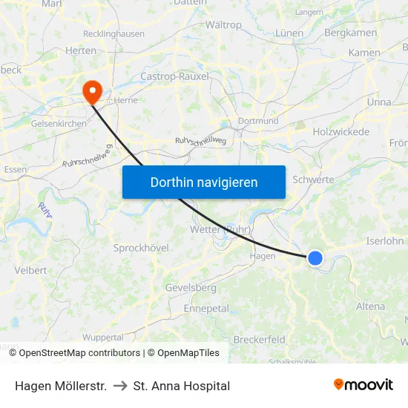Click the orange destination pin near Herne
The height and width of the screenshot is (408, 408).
(93, 92)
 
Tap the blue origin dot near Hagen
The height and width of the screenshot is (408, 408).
(315, 257)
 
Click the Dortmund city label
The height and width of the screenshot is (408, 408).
(258, 121)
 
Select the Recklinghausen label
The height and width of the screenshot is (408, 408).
(113, 34)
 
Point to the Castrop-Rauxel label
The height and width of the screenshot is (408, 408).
(175, 76)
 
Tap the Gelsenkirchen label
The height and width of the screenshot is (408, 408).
(59, 124)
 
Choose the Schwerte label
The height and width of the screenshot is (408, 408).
(313, 180)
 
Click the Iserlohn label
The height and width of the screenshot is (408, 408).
(384, 241)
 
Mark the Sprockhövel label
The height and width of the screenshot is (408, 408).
(141, 248)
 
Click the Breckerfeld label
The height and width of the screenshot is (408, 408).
(259, 340)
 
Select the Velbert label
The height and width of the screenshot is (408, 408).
(31, 271)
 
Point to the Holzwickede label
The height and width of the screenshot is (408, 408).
(341, 132)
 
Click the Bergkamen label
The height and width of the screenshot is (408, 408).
(351, 33)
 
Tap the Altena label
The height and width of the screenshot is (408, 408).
(370, 306)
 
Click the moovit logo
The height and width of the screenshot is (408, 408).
(363, 384)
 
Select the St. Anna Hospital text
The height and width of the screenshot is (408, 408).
(182, 386)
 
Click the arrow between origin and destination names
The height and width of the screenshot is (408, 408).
(120, 386)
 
